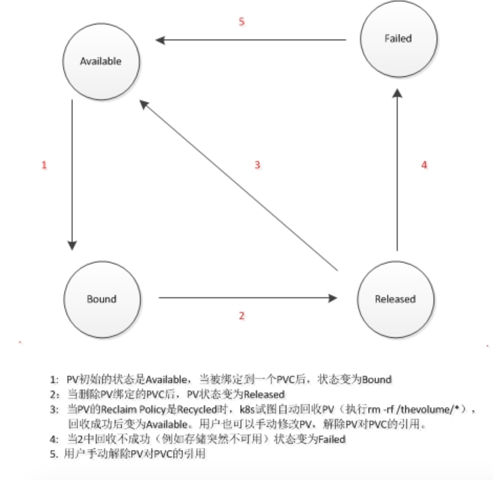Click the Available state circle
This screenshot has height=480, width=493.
101,61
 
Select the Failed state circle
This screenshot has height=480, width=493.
398,38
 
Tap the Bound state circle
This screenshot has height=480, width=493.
102,299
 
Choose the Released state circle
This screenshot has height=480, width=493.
395,299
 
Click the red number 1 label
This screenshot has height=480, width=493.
44,166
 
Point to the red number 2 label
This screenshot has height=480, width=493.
242,315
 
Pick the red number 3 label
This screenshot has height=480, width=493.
257,166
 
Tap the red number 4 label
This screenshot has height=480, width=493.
424,165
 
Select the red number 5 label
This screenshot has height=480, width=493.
241,22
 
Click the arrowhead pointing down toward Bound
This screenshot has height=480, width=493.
72,245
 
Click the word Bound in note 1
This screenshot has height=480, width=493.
377,380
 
